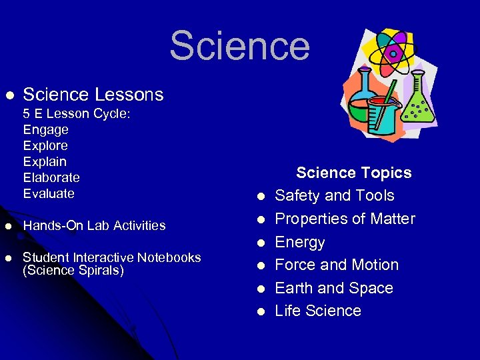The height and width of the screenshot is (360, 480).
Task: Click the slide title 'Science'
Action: (x=239, y=46)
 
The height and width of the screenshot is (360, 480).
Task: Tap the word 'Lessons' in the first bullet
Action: (x=131, y=95)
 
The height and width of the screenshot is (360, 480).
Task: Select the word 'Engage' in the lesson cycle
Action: (x=45, y=129)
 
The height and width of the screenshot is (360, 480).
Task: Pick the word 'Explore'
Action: (x=45, y=145)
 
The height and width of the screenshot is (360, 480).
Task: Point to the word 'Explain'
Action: (x=45, y=161)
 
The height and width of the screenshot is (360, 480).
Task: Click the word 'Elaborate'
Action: (x=51, y=177)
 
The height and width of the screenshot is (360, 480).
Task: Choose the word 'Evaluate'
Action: (x=49, y=193)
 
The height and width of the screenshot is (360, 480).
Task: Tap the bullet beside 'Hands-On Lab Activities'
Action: (x=9, y=226)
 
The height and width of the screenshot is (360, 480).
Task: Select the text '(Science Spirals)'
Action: (x=73, y=270)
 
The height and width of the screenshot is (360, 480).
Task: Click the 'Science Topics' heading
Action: (x=353, y=173)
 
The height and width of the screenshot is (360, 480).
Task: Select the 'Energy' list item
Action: (x=300, y=242)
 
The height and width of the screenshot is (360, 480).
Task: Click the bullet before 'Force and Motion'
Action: (x=261, y=265)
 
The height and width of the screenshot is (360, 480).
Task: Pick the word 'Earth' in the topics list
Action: (x=294, y=288)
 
